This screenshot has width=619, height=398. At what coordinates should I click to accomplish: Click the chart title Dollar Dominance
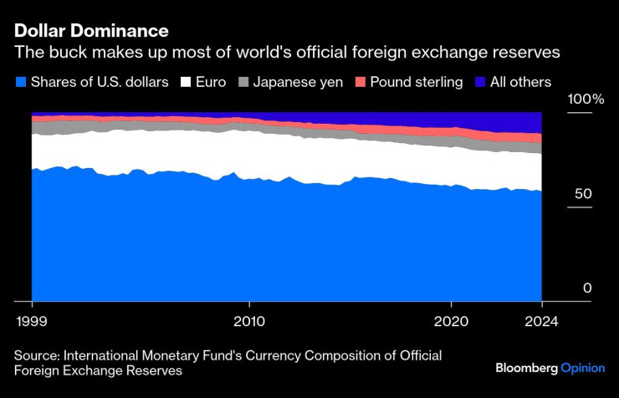click(x=91, y=31)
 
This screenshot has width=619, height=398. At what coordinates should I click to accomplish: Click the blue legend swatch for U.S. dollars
click(x=21, y=82)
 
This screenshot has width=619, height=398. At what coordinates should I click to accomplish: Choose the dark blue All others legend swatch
click(x=481, y=82)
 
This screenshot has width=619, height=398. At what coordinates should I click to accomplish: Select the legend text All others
click(x=522, y=82)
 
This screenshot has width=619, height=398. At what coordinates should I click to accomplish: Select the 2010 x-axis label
click(x=248, y=320)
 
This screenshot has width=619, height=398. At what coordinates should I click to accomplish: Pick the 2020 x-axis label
click(x=451, y=320)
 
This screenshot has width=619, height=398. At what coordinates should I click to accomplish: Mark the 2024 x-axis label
click(x=541, y=320)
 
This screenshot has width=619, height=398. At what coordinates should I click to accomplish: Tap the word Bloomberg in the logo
click(x=527, y=368)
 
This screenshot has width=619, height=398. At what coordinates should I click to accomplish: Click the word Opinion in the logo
click(x=582, y=368)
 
